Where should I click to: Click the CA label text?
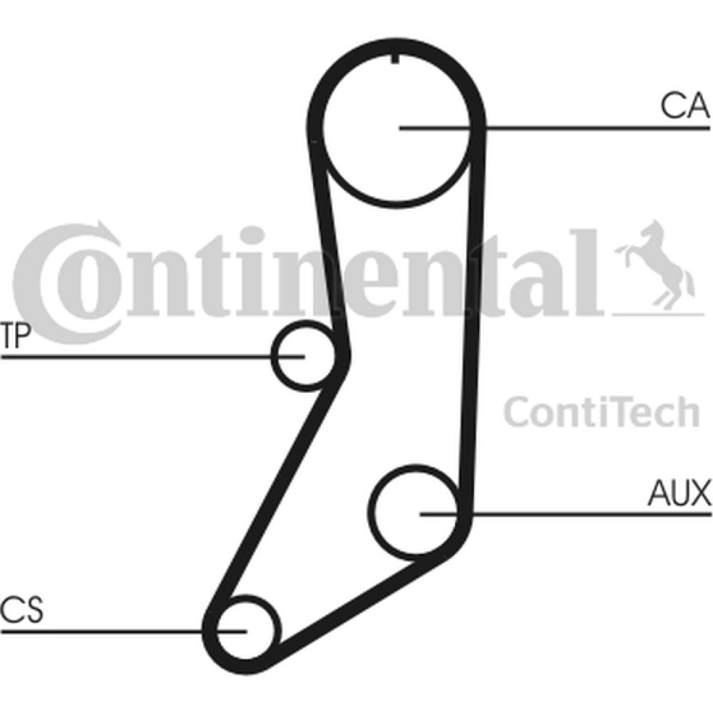(x=684, y=105)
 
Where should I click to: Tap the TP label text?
(x=16, y=335)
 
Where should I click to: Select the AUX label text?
(x=679, y=493)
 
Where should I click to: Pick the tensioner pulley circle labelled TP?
(x=273, y=354)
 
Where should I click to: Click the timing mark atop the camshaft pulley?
(x=395, y=58)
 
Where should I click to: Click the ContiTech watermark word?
(x=601, y=411)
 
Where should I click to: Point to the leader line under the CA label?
(x=554, y=128)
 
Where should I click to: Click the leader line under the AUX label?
(x=565, y=514)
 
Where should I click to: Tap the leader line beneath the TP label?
(x=153, y=356)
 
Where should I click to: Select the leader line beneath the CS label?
(x=123, y=631)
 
